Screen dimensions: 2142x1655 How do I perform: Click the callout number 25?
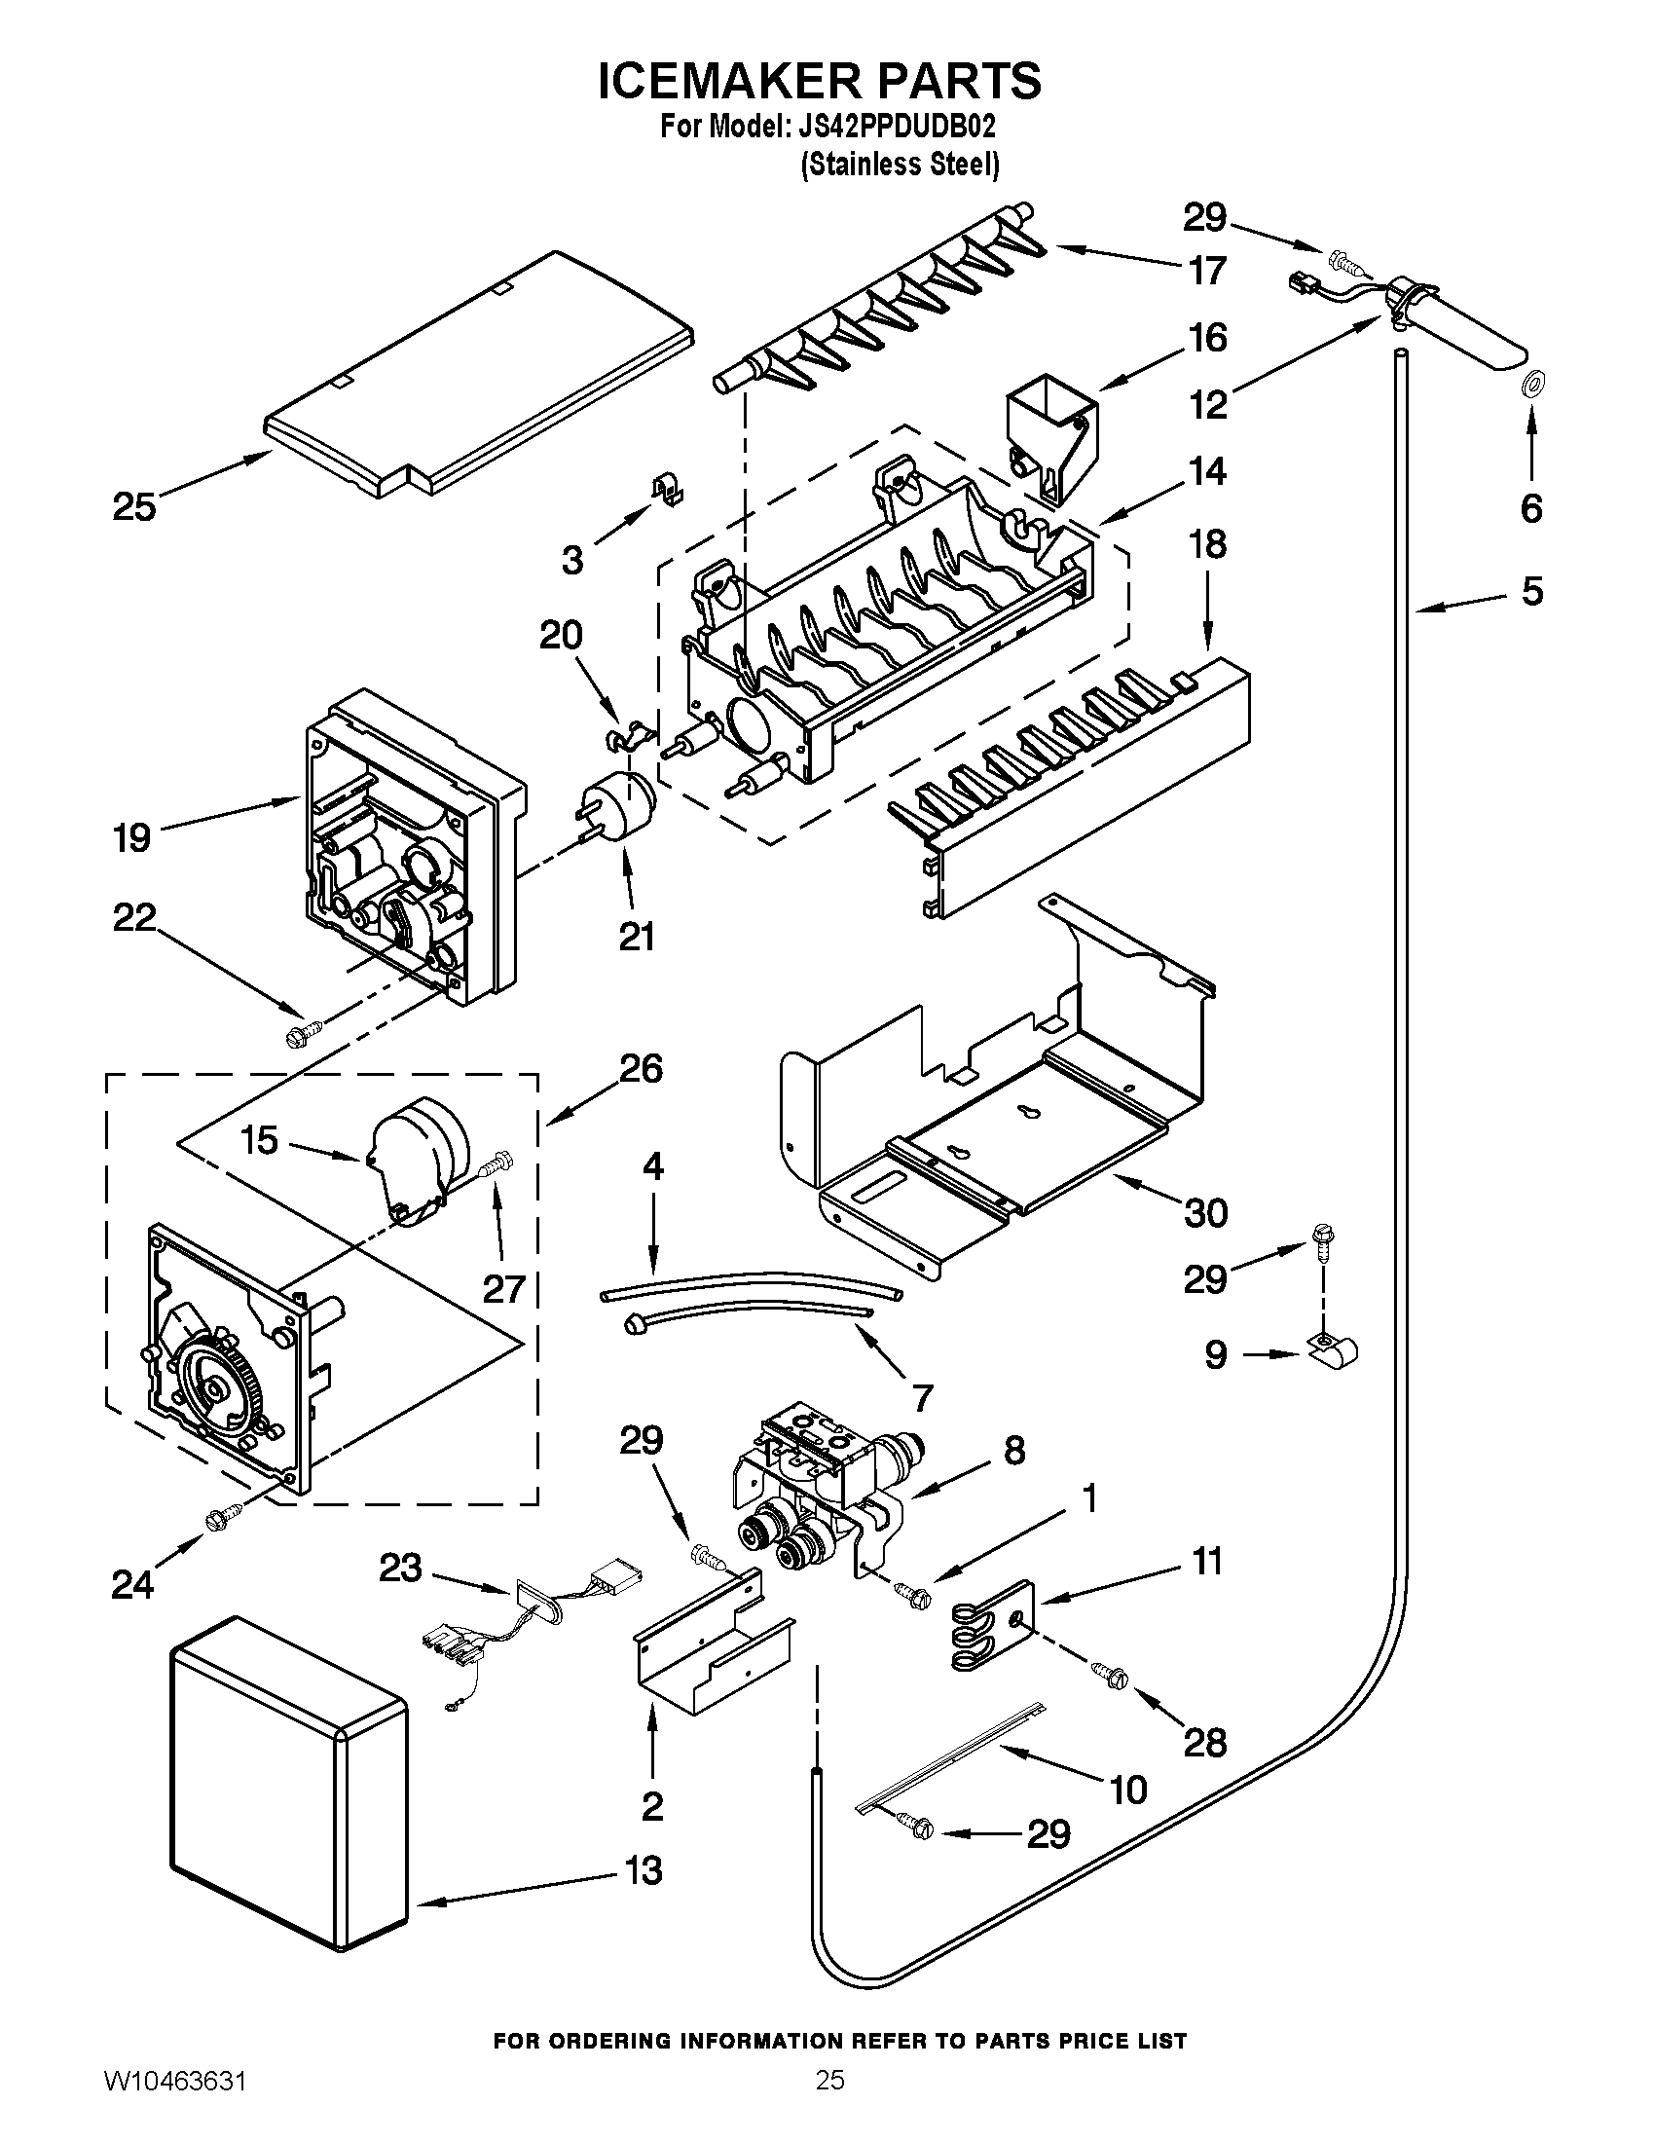(134, 507)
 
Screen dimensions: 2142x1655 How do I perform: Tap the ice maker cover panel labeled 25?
(480, 373)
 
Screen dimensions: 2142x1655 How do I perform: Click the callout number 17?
(1207, 270)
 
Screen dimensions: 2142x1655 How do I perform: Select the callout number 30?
(1206, 1213)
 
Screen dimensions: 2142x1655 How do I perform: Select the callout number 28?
(1205, 1742)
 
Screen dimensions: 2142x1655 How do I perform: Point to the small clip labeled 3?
(670, 491)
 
